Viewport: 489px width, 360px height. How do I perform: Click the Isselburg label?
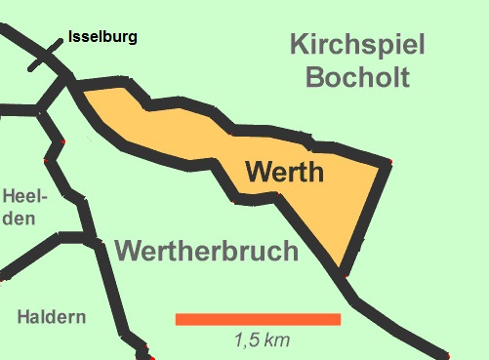click(102, 39)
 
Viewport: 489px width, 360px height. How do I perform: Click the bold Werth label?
click(284, 174)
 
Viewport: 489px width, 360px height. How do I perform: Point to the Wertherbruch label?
click(206, 251)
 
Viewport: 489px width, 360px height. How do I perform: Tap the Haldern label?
click(52, 317)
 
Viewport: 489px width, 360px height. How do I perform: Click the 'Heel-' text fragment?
click(21, 196)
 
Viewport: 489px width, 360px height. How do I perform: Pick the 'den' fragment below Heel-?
click(18, 218)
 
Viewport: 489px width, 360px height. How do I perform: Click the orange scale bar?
click(258, 319)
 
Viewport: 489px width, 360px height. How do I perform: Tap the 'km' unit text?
click(277, 340)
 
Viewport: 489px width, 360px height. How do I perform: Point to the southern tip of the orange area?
click(342, 271)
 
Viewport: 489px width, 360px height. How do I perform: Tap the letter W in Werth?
click(258, 174)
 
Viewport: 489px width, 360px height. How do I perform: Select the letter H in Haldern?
click(24, 317)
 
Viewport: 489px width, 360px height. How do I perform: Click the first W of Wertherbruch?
click(130, 251)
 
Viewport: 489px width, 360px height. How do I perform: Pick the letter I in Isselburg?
click(71, 39)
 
